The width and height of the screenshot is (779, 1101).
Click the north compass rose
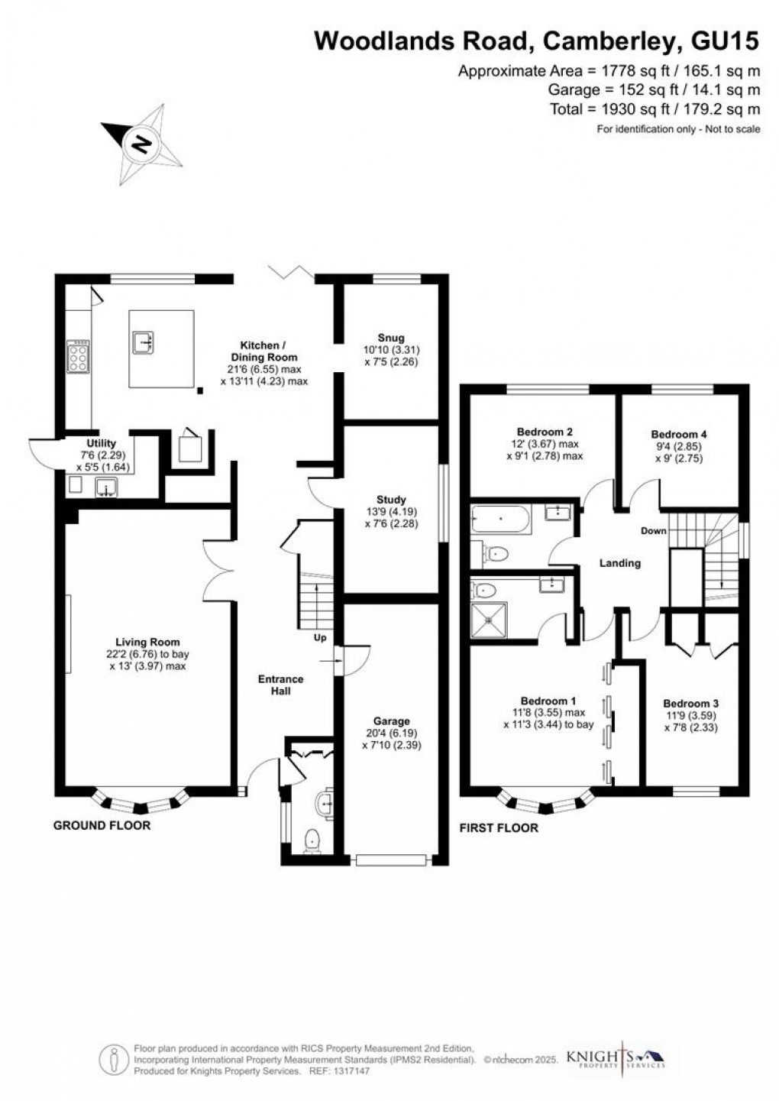142,144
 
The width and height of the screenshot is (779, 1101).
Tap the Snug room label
390,338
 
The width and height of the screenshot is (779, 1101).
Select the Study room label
391,500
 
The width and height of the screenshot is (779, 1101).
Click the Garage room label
391,721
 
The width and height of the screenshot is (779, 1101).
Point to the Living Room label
147,642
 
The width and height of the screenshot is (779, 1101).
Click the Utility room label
102,443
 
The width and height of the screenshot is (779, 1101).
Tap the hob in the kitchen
78,356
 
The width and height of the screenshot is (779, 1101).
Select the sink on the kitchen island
143,344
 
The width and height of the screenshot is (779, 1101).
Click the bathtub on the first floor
499,520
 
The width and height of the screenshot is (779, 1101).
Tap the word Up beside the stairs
320,637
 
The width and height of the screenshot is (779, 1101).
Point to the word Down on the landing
653,531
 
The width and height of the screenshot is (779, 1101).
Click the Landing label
619,563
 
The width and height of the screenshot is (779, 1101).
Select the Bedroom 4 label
678,434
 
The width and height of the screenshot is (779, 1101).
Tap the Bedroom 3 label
690,704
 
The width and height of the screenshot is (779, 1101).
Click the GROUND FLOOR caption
102,825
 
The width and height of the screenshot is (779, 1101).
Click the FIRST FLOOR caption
499,827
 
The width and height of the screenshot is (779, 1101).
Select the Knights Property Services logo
616,1058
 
